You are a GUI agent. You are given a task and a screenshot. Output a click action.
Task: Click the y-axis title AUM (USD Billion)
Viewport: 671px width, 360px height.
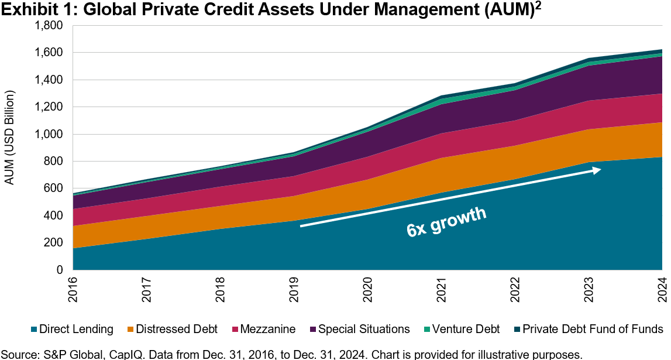click(9, 138)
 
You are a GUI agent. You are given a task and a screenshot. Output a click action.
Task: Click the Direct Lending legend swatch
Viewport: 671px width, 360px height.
click(33, 329)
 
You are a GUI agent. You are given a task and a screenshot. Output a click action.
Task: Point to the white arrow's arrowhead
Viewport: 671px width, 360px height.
click(596, 170)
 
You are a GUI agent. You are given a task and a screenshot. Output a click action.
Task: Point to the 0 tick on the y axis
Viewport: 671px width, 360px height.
click(60, 270)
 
